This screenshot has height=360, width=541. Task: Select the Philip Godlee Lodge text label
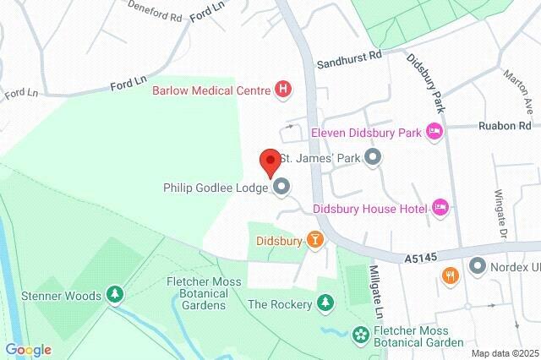tap(216, 188)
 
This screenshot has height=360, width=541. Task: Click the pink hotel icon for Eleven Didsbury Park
tap(434, 131)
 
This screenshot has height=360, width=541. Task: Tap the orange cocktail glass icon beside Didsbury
tap(315, 241)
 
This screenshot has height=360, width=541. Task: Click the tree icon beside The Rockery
tap(325, 303)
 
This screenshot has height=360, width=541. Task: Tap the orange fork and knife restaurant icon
tap(451, 275)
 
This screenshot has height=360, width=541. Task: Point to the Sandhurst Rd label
tap(349, 58)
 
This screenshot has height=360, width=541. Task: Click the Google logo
tap(28, 349)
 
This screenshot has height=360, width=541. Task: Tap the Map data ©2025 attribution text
tap(504, 353)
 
